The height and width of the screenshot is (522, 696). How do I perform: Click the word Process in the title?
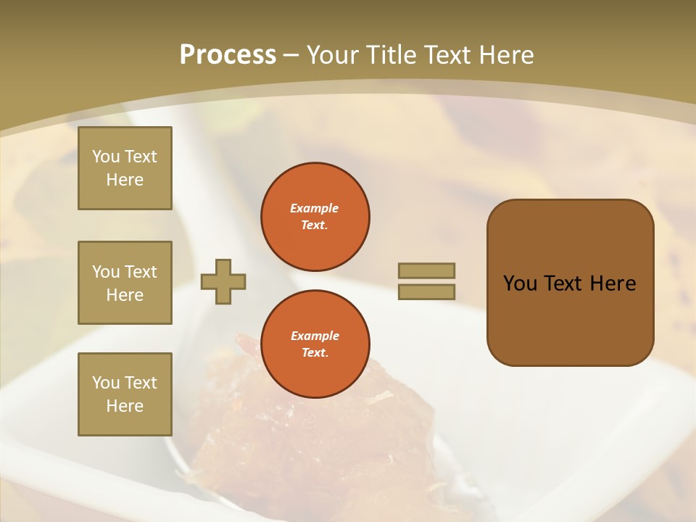tap(228, 55)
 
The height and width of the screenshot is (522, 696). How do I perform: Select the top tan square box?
tap(125, 168)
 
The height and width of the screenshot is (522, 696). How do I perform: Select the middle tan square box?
tap(125, 283)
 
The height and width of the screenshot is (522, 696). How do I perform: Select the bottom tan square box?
tap(125, 394)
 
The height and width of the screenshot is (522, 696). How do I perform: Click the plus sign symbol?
tap(223, 281)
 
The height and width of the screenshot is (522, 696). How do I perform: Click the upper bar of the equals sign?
tap(426, 270)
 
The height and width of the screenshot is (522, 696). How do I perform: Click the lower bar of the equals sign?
tap(426, 291)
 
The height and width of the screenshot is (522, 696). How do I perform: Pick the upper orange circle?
tap(315, 217)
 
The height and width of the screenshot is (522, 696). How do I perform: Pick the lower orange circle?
tap(315, 344)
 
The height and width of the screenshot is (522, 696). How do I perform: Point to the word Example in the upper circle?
tap(315, 208)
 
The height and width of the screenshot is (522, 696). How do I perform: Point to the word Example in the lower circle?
tap(315, 336)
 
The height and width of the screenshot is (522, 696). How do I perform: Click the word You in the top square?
tap(106, 157)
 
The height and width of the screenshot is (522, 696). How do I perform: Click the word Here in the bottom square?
tap(125, 406)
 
